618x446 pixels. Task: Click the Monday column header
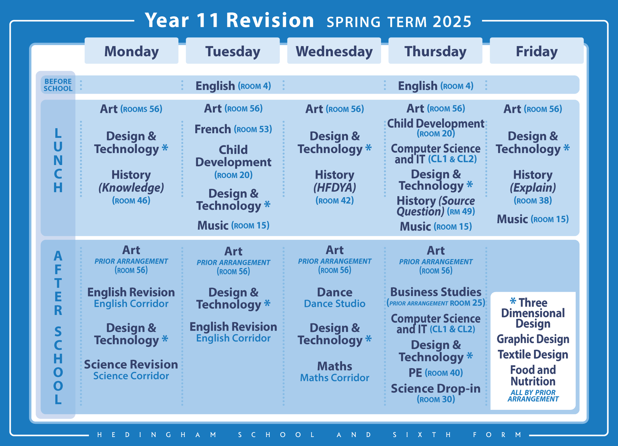coord(131,51)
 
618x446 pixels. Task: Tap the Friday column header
coord(536,51)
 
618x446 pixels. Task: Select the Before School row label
coord(58,85)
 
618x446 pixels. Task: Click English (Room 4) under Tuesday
coord(233,86)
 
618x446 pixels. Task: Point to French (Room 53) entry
coord(233,129)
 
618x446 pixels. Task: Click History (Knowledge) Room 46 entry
coord(131,187)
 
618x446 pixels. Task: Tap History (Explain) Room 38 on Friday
coord(533,187)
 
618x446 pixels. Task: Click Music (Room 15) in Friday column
coord(533,219)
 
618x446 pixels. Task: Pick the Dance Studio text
coord(335,304)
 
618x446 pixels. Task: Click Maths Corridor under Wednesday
coord(335,378)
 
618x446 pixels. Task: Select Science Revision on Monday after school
coord(131,364)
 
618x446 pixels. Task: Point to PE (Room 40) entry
coord(436,373)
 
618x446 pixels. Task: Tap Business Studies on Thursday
coord(436,292)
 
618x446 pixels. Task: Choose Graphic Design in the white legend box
coord(533,339)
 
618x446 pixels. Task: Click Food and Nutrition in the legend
coord(533,375)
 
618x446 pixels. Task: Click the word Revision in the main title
coord(270,20)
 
